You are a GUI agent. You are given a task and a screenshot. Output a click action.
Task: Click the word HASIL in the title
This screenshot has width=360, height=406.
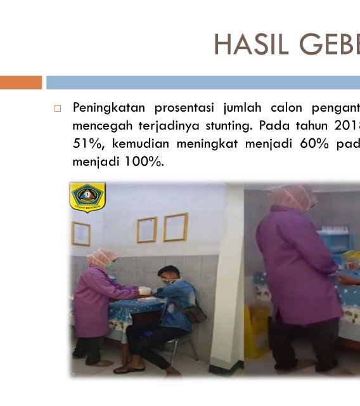click(252, 44)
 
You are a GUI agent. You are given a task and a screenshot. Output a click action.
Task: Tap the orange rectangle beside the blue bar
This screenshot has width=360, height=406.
click(21, 82)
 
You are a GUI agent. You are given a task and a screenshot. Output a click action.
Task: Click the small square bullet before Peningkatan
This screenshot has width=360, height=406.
click(58, 108)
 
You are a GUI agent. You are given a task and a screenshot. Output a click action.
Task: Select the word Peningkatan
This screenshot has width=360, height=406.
click(109, 108)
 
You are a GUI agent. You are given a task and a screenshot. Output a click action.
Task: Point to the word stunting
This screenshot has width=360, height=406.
click(229, 126)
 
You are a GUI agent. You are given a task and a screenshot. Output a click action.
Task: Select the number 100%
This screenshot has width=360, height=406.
click(145, 162)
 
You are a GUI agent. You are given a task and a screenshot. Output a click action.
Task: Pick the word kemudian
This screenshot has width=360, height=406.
click(141, 143)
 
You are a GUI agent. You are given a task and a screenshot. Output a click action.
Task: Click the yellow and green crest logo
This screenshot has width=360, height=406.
click(87, 197)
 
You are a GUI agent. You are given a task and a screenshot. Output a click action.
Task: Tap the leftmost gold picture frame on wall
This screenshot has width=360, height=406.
click(81, 234)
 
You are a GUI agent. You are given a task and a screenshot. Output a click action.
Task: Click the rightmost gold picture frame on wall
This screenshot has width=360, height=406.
click(176, 227)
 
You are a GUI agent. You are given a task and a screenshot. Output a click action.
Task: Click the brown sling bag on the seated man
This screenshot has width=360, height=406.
click(195, 314)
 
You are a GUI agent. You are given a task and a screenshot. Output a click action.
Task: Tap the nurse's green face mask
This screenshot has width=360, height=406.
click(110, 265)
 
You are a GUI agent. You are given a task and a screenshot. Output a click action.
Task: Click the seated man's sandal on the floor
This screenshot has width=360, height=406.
click(129, 370)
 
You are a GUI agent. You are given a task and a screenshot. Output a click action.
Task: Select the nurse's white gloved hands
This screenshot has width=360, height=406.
click(145, 291)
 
